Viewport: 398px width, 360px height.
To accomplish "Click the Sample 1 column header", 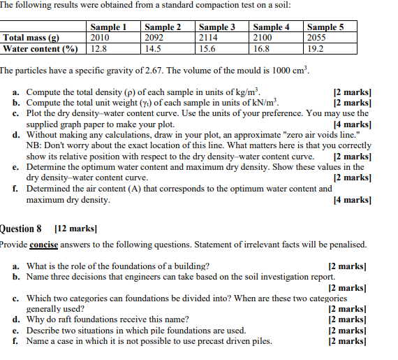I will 108,27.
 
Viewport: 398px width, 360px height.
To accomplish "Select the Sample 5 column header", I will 326,27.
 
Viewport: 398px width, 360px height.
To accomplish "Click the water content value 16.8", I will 261,49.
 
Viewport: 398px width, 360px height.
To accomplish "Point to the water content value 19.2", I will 316,49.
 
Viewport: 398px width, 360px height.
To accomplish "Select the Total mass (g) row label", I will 31,38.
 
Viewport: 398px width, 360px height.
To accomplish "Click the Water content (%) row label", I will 40,49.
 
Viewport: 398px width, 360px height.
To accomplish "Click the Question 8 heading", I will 24,229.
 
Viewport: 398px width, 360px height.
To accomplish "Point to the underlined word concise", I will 44,245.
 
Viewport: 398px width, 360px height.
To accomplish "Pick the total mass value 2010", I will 100,38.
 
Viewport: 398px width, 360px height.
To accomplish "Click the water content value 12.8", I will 98,49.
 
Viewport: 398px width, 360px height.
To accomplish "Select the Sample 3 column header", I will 217,27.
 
